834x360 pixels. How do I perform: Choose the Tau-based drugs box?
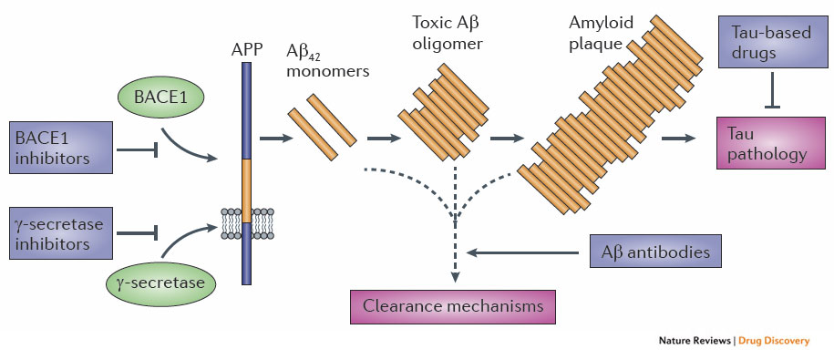(x=771, y=42)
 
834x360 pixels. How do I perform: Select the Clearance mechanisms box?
(x=452, y=305)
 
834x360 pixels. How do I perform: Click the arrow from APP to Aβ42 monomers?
(x=272, y=139)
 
